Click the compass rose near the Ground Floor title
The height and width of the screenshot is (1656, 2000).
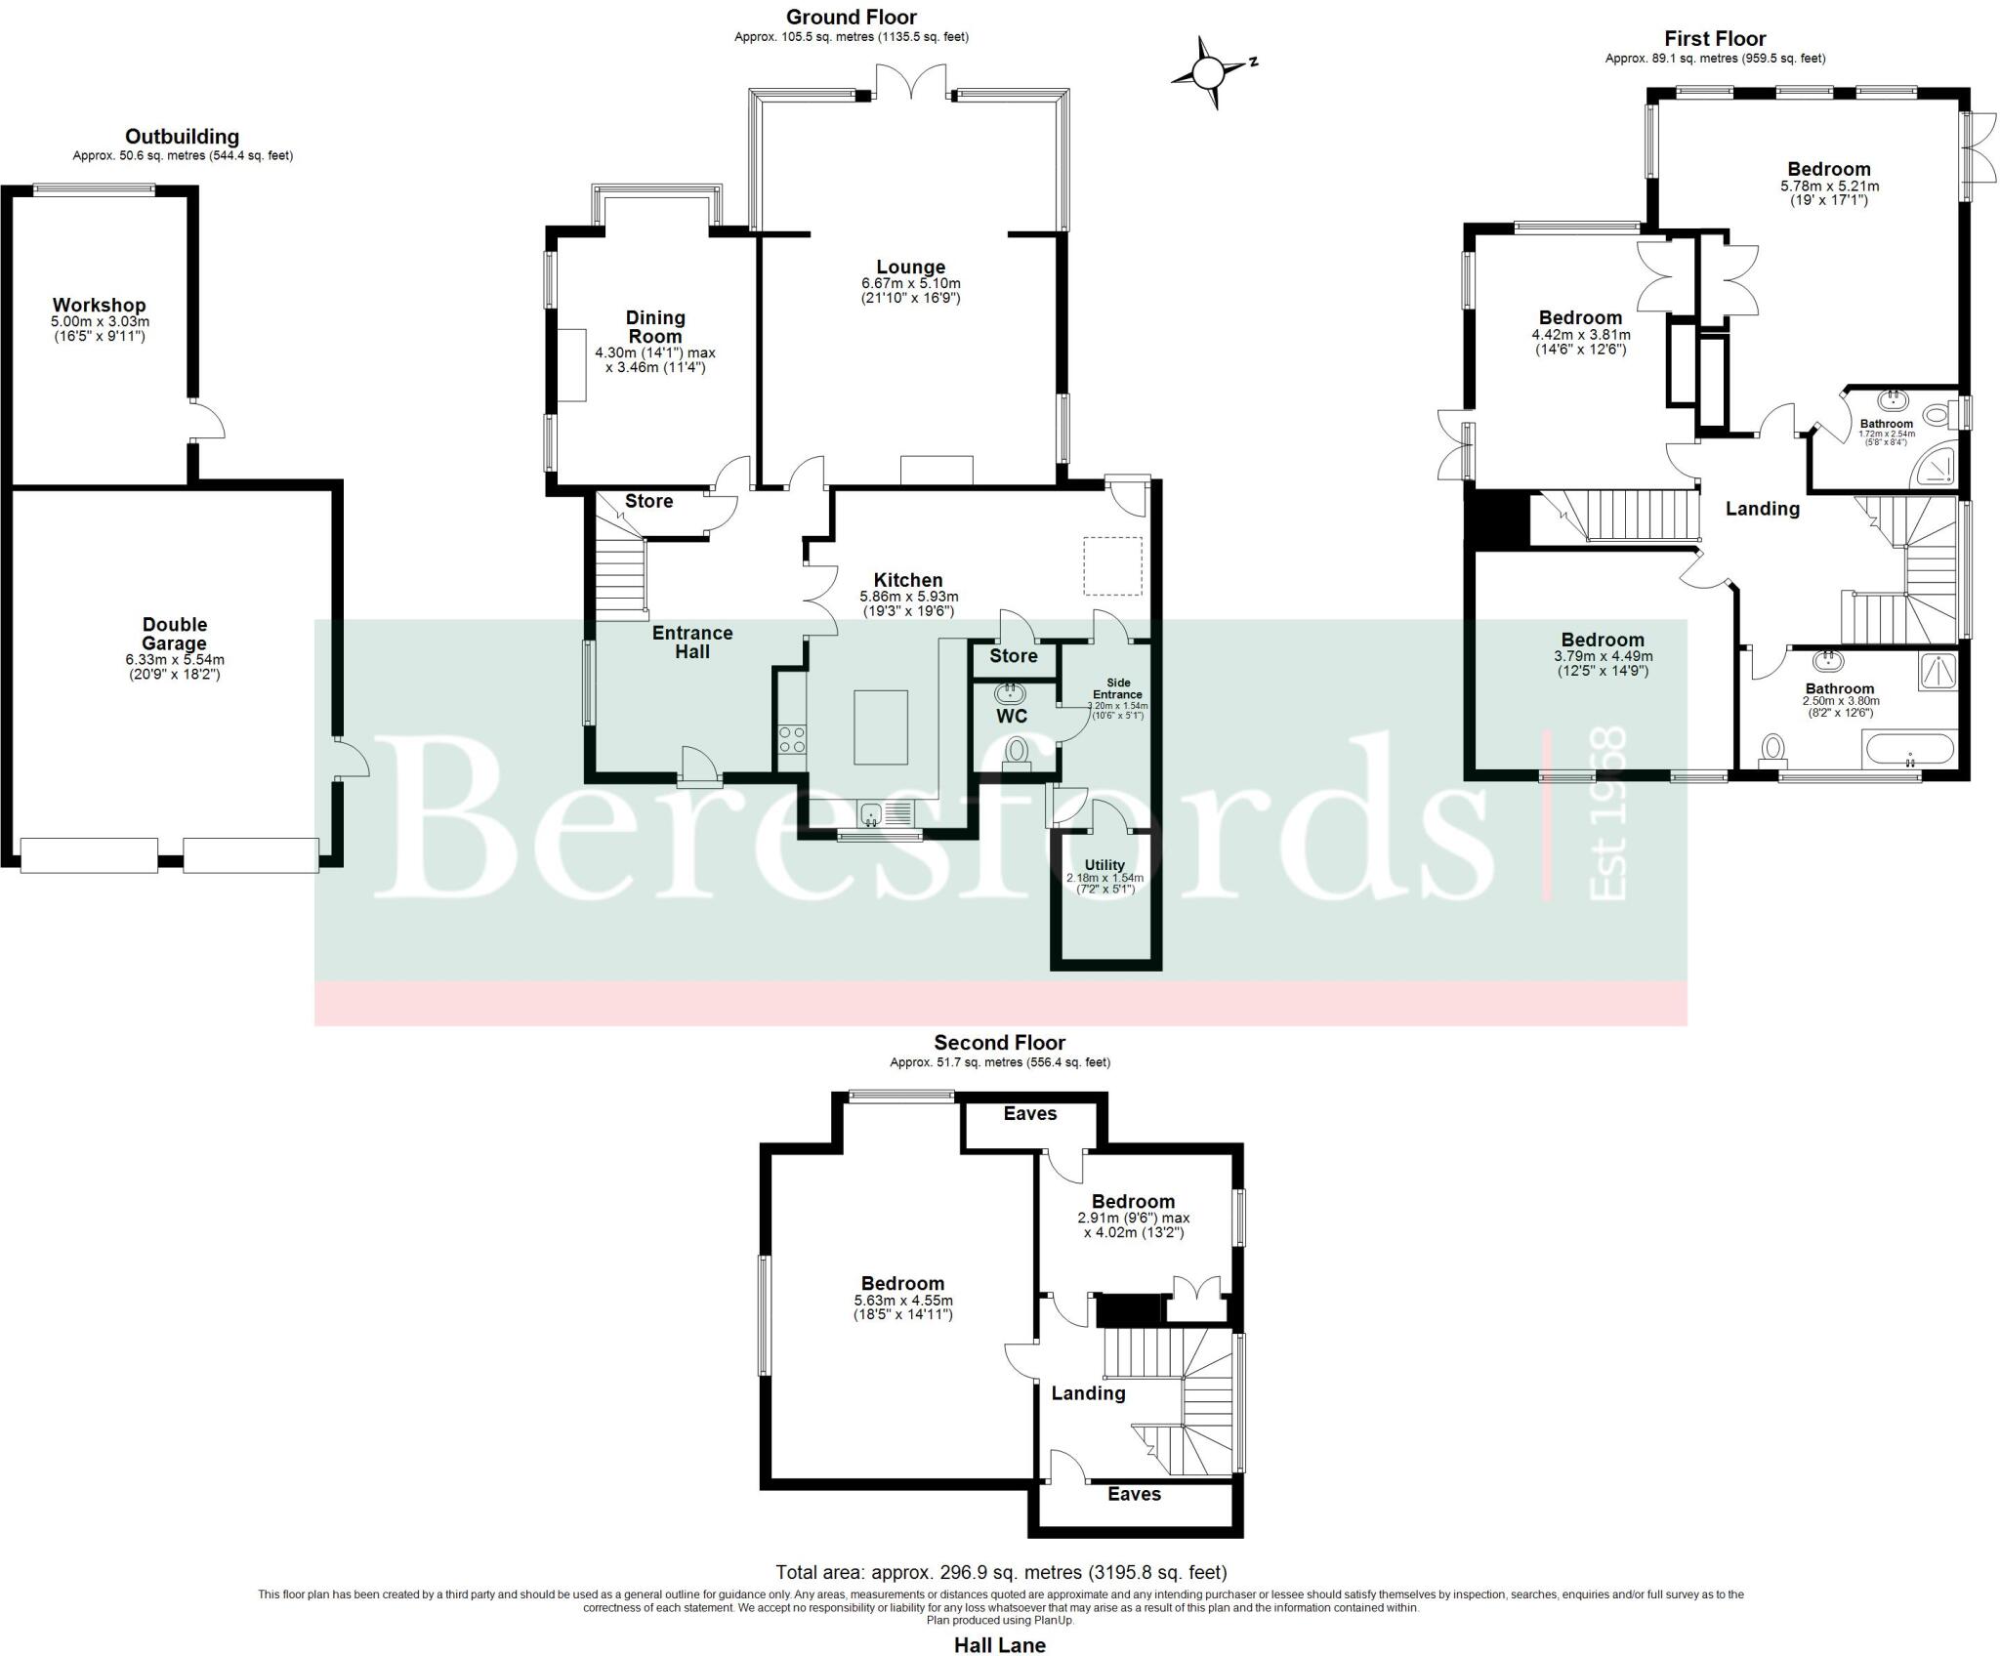pyautogui.click(x=1209, y=72)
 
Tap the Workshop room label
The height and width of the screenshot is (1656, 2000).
pyautogui.click(x=99, y=306)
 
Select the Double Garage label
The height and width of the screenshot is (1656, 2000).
pyautogui.click(x=174, y=634)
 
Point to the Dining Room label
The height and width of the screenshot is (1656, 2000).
pyautogui.click(x=655, y=326)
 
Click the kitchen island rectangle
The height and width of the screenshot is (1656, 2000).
pyautogui.click(x=880, y=726)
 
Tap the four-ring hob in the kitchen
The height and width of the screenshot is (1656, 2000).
pyautogui.click(x=792, y=739)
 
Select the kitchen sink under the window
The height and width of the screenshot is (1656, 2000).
pyautogui.click(x=885, y=811)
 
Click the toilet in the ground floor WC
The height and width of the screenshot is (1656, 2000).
pyautogui.click(x=1017, y=752)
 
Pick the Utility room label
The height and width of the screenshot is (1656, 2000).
pyautogui.click(x=1104, y=864)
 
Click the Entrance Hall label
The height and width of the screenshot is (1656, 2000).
pyautogui.click(x=692, y=642)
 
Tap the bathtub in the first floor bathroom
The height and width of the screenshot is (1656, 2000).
pyautogui.click(x=1908, y=750)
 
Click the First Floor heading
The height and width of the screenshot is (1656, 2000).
pyautogui.click(x=1715, y=39)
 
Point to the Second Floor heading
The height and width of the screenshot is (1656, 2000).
pyautogui.click(x=999, y=1042)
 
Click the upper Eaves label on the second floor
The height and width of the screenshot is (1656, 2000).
pyautogui.click(x=1029, y=1113)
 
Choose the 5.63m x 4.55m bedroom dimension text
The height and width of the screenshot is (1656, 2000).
pyautogui.click(x=902, y=1301)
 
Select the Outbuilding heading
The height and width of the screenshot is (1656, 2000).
pyautogui.click(x=182, y=137)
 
